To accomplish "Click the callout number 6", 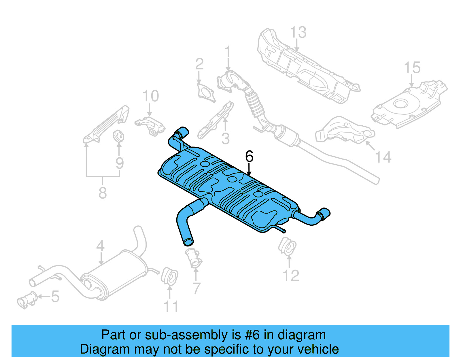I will click(249, 157).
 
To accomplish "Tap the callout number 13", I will click(298, 32).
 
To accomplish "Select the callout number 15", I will click(412, 68).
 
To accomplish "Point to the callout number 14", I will click(383, 157).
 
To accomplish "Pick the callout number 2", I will click(199, 64).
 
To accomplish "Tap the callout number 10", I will click(151, 96).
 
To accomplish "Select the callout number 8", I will click(103, 193).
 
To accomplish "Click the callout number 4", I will click(100, 246).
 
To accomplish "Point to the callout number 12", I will click(291, 276).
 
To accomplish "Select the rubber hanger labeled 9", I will click(118, 136).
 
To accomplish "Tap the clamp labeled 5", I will click(27, 300).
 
